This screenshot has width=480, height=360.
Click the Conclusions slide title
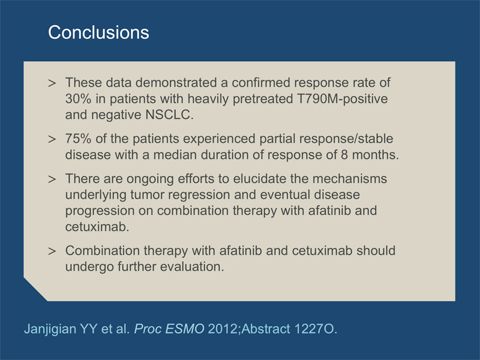coord(98,32)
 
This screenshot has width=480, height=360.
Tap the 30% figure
coord(78,99)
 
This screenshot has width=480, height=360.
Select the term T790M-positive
coord(342,99)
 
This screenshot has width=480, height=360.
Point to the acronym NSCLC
coord(170,115)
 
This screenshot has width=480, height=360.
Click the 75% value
coord(78,139)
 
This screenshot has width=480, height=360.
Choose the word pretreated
coord(262,99)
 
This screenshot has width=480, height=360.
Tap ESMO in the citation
coord(185,329)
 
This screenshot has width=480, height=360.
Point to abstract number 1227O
coord(316,329)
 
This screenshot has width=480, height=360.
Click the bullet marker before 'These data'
coord(52,83)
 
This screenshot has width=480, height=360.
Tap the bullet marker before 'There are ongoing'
coord(52,179)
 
